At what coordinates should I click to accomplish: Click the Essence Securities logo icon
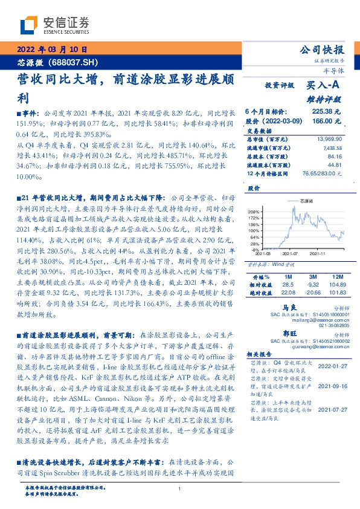(28, 25)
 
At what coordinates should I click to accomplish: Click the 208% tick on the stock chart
(255, 211)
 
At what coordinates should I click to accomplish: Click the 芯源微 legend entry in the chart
(299, 199)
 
